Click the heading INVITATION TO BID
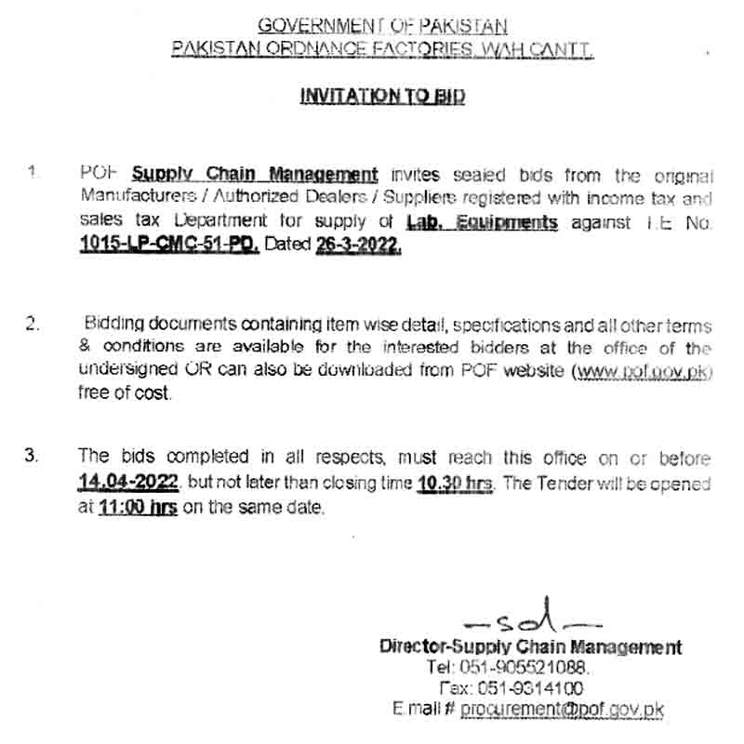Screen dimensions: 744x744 (382, 96)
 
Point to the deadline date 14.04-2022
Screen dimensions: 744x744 (131, 482)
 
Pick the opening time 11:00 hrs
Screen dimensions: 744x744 (137, 508)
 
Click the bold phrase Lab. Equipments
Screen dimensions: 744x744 (483, 221)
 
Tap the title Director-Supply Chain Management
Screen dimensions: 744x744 (530, 646)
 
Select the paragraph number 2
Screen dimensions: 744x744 (33, 325)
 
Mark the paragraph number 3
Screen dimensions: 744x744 (33, 456)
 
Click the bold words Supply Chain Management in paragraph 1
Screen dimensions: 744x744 (254, 173)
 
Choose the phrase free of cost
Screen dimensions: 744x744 (126, 393)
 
